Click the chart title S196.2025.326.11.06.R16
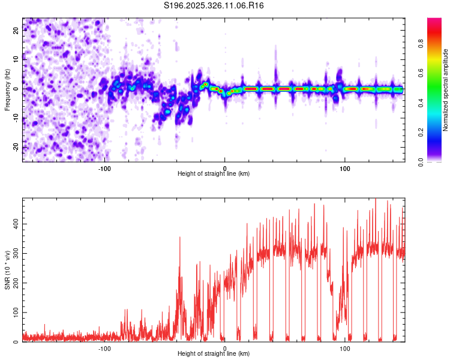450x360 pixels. (x=214, y=5)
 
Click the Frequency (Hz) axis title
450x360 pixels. (x=7, y=89)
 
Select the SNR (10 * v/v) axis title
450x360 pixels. (x=7, y=269)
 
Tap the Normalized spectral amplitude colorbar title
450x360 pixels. (x=446, y=89)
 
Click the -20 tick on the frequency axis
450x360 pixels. (x=16, y=147)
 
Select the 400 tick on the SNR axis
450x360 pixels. (x=16, y=223)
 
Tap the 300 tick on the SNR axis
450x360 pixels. (x=16, y=253)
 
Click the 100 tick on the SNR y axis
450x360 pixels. (x=16, y=312)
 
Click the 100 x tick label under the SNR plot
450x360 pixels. (x=344, y=347)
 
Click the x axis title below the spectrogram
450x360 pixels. (x=214, y=173)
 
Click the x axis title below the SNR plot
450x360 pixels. (x=214, y=353)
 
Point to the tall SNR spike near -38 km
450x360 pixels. (x=179, y=238)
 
